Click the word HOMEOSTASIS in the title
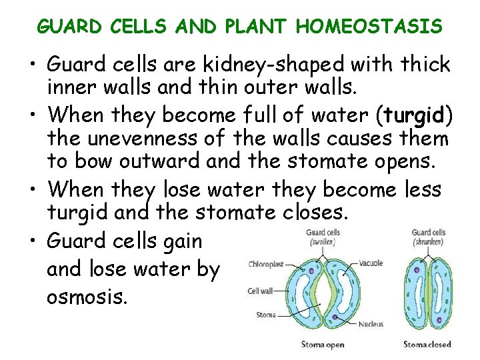coord(369,26)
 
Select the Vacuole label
coord(370,263)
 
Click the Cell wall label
coord(263,290)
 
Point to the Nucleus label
coord(371,324)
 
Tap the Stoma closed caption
coord(427,344)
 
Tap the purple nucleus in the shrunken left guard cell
coord(417,271)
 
